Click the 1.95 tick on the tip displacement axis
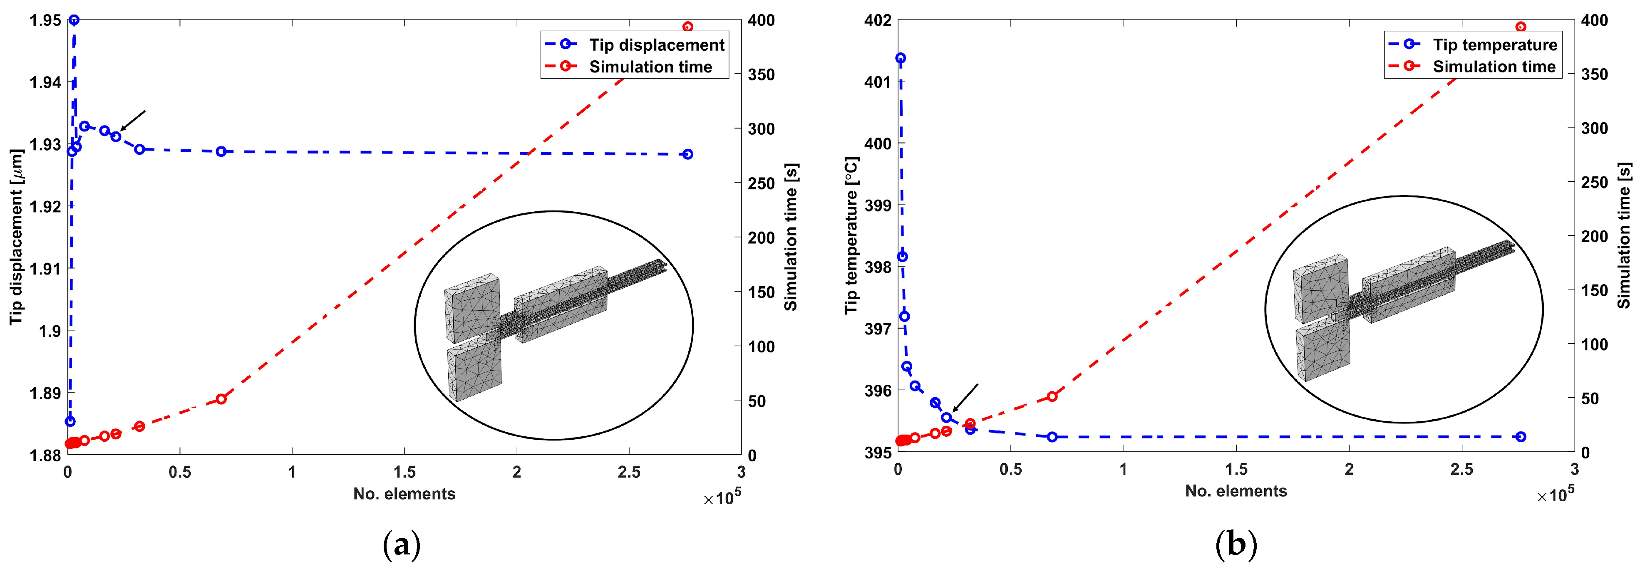coord(45,20)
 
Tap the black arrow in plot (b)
coord(965,398)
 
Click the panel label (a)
coord(402,545)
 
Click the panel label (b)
coord(1236,545)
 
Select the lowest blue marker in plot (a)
coord(70,421)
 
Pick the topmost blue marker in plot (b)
coord(900,58)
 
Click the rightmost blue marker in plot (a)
coord(687,154)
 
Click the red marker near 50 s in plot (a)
coord(221,399)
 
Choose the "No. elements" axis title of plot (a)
coord(404,494)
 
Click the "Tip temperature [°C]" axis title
coord(851,235)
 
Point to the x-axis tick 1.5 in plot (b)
coord(1236,470)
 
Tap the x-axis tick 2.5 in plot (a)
coord(629,472)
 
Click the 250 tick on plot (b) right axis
coord(1594,183)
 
